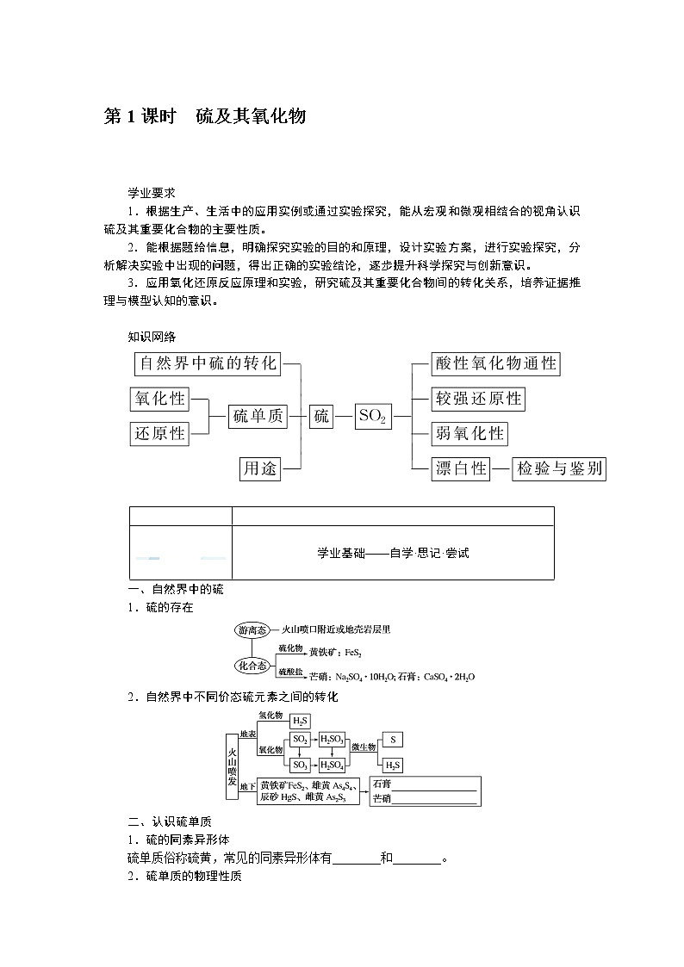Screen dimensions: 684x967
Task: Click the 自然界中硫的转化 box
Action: click(208, 363)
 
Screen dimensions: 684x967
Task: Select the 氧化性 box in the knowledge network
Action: click(159, 399)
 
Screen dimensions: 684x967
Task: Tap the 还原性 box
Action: click(159, 433)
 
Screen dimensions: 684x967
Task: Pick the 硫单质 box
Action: click(258, 416)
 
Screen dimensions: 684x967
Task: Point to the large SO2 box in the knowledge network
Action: click(373, 417)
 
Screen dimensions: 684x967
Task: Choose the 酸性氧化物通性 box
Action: click(496, 363)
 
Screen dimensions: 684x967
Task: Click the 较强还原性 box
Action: click(478, 399)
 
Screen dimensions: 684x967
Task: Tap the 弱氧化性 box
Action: click(469, 433)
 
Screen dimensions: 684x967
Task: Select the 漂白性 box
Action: click(461, 468)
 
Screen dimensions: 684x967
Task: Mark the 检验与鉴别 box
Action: click(559, 468)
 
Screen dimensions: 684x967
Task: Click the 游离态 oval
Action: click(253, 630)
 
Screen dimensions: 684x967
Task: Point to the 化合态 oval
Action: click(253, 665)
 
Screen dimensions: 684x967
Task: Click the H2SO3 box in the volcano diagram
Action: click(332, 740)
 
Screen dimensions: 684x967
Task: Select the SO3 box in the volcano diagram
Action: click(301, 765)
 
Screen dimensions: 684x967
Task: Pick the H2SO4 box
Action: click(332, 765)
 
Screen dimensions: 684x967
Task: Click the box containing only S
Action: click(392, 740)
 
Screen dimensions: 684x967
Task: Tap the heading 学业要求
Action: click(152, 194)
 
